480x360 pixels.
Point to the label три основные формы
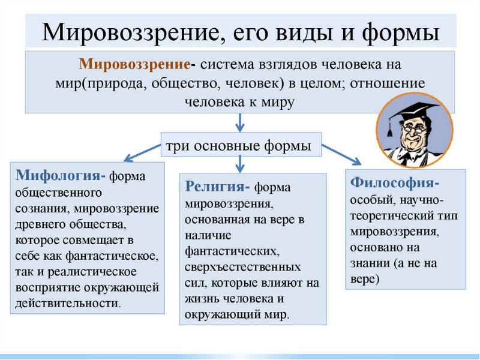pyautogui.click(x=238, y=146)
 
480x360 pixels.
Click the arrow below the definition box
pyautogui.click(x=240, y=122)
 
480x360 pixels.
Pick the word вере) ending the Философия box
pyautogui.click(x=364, y=280)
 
